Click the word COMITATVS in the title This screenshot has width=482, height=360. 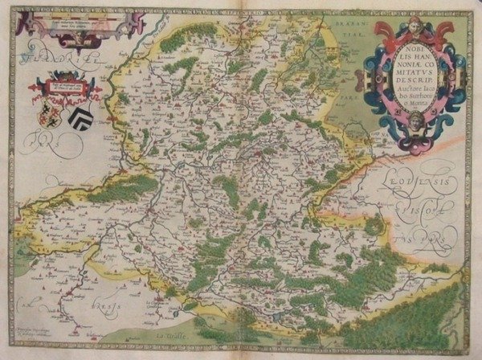[x=411, y=69]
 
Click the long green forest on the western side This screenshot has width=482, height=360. [x=120, y=189]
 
